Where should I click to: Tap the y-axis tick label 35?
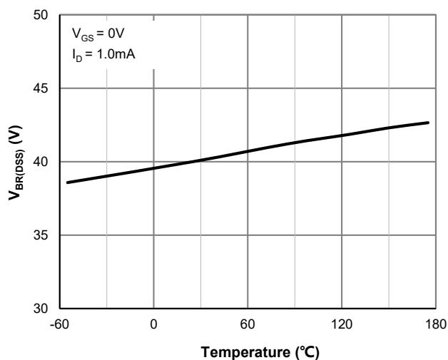tap(42, 236)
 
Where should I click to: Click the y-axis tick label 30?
tap(42, 309)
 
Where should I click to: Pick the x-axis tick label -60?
tap(59, 325)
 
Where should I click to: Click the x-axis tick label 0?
tap(153, 325)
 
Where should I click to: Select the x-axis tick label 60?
tap(248, 325)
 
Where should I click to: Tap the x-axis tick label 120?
tap(342, 325)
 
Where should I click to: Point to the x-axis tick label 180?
tap(435, 325)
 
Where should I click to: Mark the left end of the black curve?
tap(67, 182)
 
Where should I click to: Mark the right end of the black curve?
tap(428, 123)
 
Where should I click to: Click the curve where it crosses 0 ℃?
tap(153, 168)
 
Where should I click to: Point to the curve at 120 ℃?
tap(342, 135)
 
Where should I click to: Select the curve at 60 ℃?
tap(248, 151)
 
